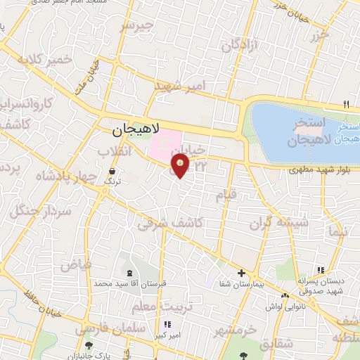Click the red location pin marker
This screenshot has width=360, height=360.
coord(181,165)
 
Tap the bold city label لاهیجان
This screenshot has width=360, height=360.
coord(136,130)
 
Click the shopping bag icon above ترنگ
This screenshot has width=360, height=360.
coord(112,171)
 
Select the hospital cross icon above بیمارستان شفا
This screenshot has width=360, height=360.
coord(241,273)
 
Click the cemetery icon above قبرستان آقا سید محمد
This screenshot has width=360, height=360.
coord(128,273)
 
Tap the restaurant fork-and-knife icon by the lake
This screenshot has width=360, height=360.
coord(345,104)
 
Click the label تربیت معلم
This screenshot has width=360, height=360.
coord(161,307)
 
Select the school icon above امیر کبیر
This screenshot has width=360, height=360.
coord(167,325)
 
